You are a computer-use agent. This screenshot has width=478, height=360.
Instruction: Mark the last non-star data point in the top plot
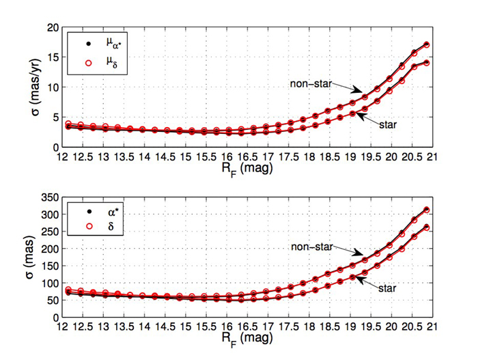426,44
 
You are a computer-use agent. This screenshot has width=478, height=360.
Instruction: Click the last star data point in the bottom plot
426,227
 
